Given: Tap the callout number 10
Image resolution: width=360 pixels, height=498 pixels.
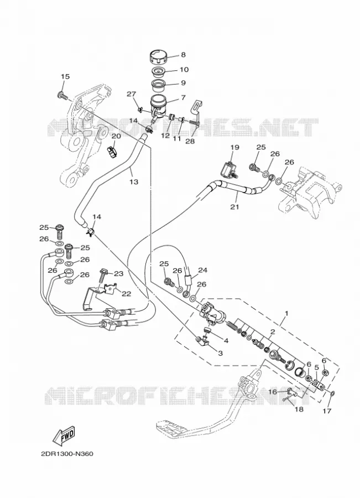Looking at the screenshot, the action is tap(184, 69).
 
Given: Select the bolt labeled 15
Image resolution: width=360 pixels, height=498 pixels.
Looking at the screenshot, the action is tap(63, 95).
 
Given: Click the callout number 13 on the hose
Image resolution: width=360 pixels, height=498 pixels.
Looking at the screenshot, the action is tap(134, 181).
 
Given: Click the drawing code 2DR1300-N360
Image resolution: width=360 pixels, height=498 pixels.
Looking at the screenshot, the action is tap(67, 454).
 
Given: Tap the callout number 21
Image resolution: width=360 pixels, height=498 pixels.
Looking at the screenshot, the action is tap(234, 207).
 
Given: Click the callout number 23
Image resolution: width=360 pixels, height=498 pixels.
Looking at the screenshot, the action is tap(118, 273).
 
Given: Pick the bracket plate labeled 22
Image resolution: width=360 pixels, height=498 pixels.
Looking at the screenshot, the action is tap(110, 289).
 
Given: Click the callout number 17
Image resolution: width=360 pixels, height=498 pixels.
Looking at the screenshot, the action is tap(327, 411).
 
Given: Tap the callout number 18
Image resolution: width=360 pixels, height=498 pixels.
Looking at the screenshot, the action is tap(299, 409).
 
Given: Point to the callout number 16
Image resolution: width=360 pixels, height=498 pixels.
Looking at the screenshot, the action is tap(273, 392).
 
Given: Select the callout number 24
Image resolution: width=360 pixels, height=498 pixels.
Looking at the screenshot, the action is tap(202, 270).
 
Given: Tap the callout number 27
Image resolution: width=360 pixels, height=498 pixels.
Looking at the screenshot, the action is tap(132, 94).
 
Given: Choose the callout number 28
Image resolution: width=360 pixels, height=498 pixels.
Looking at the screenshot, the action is tap(190, 141).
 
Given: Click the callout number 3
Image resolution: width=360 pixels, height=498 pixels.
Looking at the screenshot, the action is tap(220, 353).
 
